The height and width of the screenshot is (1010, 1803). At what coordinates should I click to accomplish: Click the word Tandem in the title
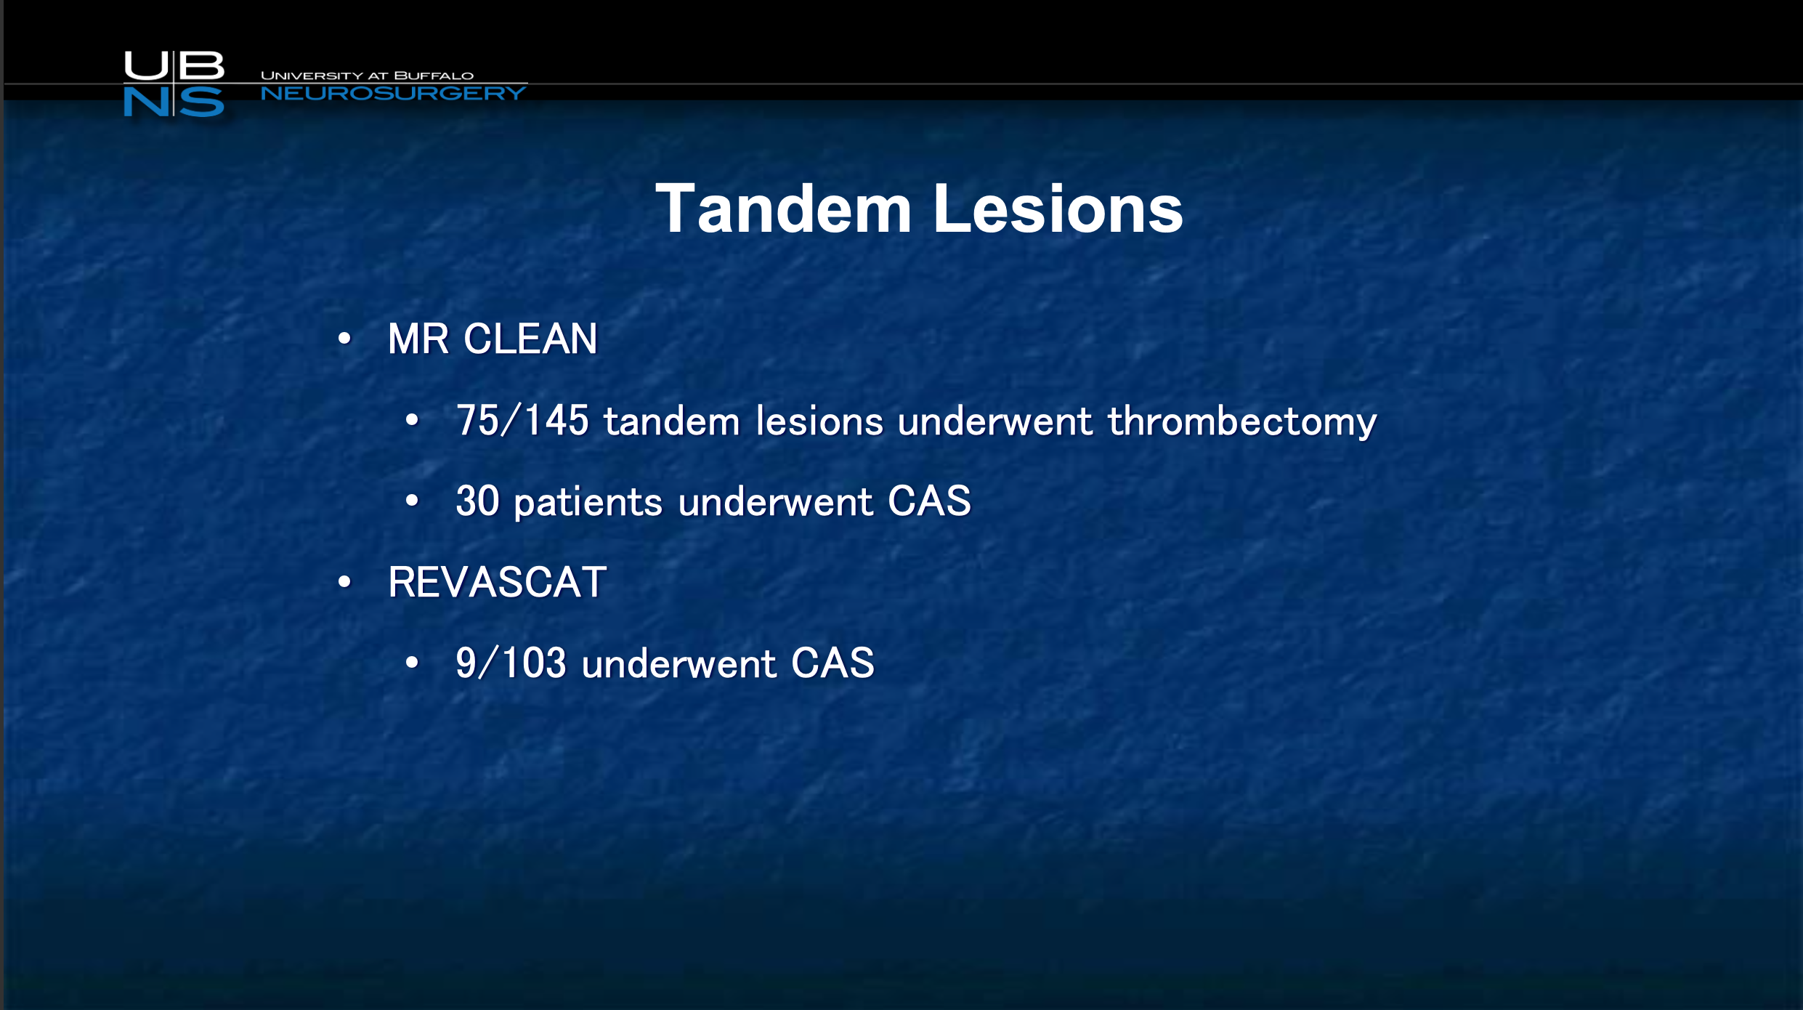click(783, 209)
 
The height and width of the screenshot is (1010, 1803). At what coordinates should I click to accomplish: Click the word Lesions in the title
click(1058, 209)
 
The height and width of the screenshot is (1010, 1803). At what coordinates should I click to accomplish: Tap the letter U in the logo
click(147, 65)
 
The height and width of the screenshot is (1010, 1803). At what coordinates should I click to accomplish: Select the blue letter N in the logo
click(147, 102)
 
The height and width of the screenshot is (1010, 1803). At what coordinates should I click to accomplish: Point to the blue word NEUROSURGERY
click(393, 93)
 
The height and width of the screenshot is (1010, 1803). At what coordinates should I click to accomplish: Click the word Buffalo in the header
click(434, 76)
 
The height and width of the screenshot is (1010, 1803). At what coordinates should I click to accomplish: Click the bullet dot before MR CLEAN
click(344, 338)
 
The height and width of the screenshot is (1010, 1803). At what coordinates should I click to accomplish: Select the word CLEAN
click(530, 339)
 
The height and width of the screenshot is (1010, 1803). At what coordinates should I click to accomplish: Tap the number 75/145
click(522, 421)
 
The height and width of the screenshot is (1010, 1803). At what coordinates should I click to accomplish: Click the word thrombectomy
click(1242, 421)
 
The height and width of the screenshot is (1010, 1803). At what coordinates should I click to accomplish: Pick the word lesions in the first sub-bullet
click(819, 421)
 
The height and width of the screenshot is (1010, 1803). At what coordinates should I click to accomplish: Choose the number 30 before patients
click(478, 501)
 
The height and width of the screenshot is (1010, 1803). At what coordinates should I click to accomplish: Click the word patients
click(588, 503)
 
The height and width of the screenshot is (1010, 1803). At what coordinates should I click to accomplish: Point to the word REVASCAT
click(498, 582)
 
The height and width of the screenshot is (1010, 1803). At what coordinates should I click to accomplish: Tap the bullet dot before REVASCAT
click(344, 581)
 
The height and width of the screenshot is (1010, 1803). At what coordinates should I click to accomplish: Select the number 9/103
click(511, 663)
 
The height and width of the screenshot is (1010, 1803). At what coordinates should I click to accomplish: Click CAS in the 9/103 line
click(832, 663)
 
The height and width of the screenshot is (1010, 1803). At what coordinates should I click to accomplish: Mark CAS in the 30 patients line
click(929, 501)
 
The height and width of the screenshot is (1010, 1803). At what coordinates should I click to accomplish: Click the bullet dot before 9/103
click(413, 662)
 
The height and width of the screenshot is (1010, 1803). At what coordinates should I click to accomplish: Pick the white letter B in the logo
click(200, 65)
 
